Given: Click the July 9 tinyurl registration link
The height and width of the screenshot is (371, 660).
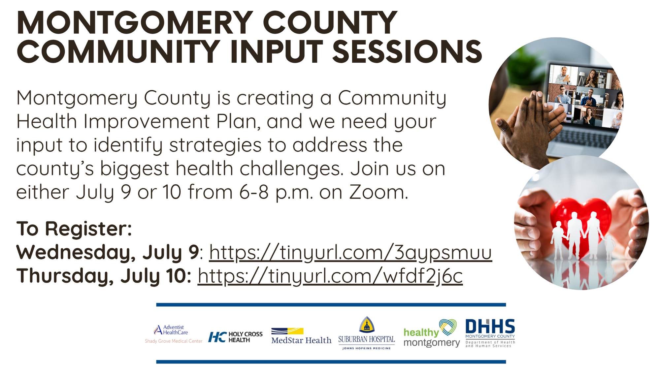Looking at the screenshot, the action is pos(350,253).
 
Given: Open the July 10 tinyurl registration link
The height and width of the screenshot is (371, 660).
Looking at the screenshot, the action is pos(330,276).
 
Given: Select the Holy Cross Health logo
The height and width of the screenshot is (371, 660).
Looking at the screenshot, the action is pos(235,337).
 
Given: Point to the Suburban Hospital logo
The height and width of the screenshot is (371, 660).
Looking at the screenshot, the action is pos(367,333).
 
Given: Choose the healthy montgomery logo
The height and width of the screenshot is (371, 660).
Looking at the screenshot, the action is pos(431,333).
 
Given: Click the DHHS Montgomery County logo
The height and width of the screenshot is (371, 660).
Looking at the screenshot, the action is pos(490,333).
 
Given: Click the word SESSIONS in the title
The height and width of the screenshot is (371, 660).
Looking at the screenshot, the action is pos(407,52).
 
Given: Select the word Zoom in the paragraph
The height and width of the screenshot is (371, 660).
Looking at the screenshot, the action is pos(379,192).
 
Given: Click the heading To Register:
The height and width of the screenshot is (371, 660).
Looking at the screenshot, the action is pos(74,229).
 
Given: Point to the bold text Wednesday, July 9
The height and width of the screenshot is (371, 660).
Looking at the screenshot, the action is pos(108,253).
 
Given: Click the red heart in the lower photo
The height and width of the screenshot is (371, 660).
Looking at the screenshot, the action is pos(581,226).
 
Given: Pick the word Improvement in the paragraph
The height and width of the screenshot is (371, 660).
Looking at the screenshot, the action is pos(147,122).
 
